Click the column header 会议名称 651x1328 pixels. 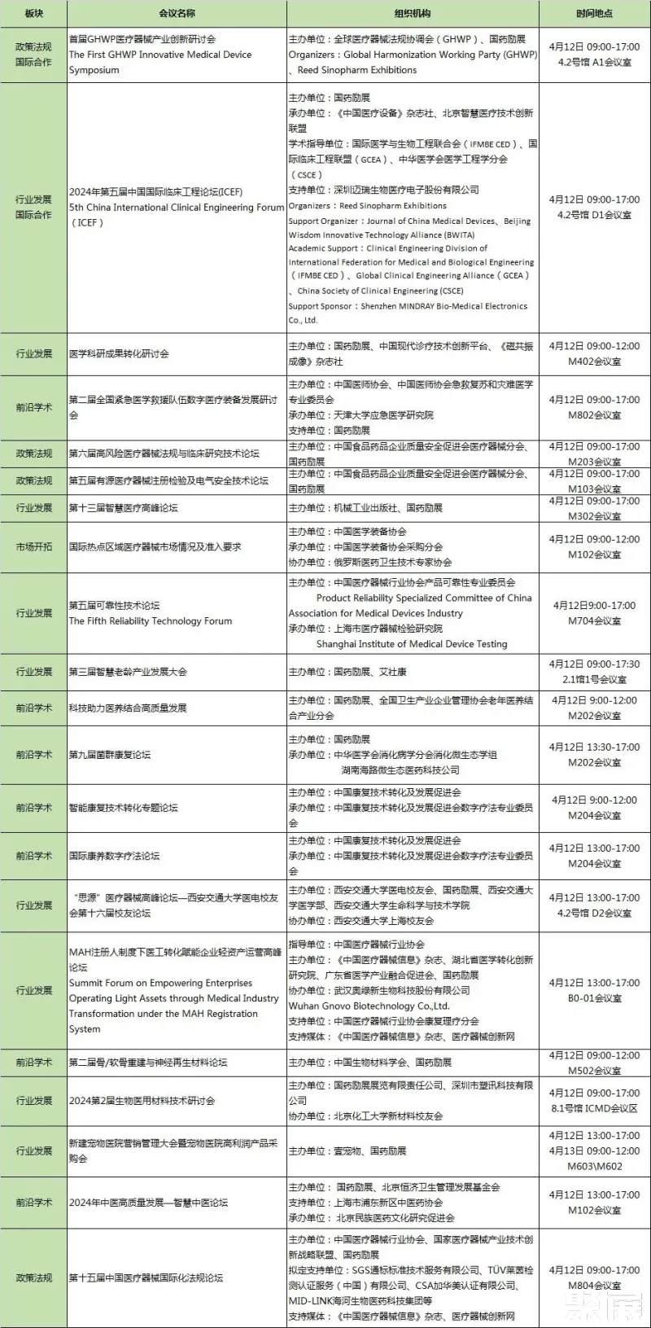[177, 14]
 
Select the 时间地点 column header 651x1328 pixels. [594, 14]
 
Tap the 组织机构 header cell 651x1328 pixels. [413, 14]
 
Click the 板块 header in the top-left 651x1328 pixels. [33, 14]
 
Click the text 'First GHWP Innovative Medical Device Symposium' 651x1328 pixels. [159, 62]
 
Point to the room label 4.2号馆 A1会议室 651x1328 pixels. [594, 62]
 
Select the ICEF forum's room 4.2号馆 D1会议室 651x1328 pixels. [594, 215]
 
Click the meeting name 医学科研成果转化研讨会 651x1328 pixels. [119, 354]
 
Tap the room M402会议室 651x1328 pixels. [594, 362]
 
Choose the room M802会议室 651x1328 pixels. [594, 415]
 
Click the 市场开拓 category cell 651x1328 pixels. [33, 547]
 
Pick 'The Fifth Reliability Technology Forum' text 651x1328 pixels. [151, 621]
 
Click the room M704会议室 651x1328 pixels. [594, 621]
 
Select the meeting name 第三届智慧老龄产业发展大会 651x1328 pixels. [128, 672]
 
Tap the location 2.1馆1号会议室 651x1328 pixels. [594, 679]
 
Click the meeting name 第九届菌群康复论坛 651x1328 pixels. [110, 755]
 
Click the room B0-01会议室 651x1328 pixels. [594, 998]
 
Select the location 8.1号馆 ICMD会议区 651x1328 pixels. [594, 1108]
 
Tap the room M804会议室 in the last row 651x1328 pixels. [594, 1286]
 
